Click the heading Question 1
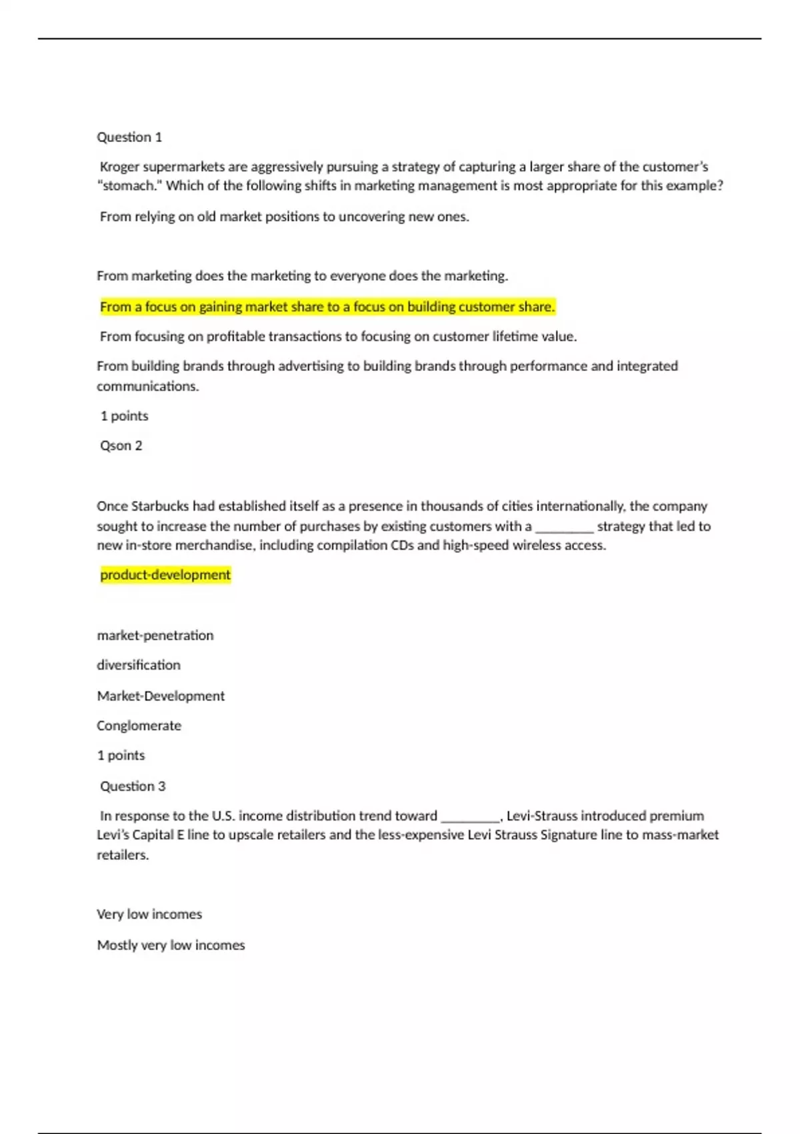click(129, 137)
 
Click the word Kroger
click(119, 167)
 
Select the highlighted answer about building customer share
click(327, 307)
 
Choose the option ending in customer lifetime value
click(338, 337)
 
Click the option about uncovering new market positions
click(284, 217)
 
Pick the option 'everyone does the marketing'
click(302, 276)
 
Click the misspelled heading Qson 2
click(121, 446)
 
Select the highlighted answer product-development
click(165, 575)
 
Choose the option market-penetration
click(155, 636)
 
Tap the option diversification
click(139, 665)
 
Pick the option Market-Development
click(161, 696)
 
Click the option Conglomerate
click(139, 726)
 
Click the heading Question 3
click(133, 786)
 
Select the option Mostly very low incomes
click(171, 945)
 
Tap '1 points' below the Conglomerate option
click(121, 756)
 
